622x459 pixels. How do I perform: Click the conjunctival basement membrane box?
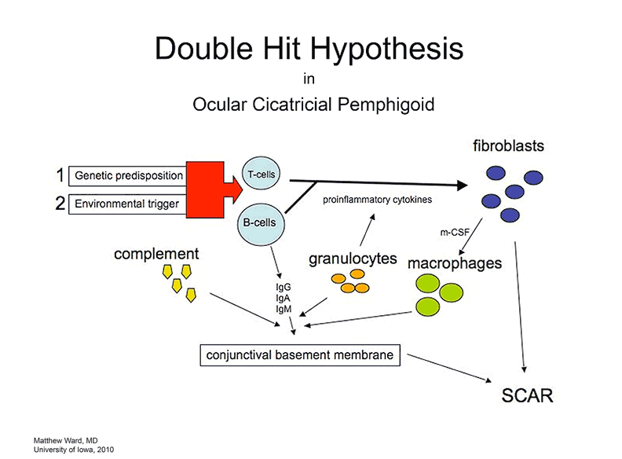tap(300, 355)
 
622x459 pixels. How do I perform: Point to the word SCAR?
tap(527, 395)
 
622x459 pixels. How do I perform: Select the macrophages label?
tap(455, 263)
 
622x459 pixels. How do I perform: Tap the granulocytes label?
tap(352, 257)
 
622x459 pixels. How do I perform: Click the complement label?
tap(156, 254)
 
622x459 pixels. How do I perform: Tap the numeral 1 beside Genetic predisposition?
tap(59, 175)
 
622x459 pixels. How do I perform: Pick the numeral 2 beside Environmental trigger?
tap(59, 204)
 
